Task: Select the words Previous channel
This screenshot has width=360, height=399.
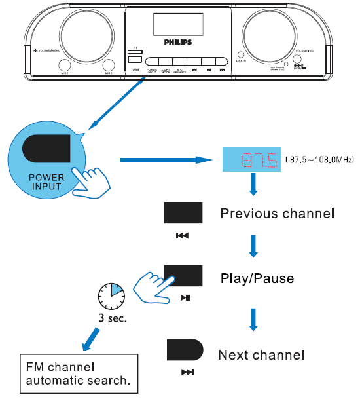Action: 278,214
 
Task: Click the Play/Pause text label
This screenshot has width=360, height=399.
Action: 257,278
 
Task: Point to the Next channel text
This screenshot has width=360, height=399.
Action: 261,355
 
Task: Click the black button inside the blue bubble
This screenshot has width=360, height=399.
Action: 47,149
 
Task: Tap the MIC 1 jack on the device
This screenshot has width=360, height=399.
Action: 64,66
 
